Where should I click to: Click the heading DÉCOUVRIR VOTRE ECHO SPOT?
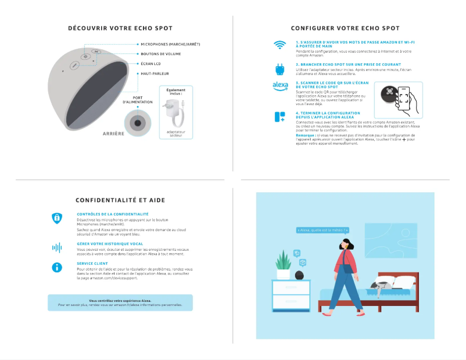point(120,28)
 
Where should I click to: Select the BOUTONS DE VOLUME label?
point(160,54)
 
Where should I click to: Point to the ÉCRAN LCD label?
point(150,64)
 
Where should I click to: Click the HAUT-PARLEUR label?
point(154,74)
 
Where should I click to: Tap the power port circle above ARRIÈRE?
point(138,123)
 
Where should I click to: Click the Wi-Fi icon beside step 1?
point(280,45)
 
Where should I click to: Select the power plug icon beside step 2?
point(280,69)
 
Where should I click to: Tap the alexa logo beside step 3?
point(280,86)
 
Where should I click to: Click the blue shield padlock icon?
point(57,218)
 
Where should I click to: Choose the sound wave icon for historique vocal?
point(57,247)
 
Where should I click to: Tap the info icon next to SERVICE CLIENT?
point(57,267)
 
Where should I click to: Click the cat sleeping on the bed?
point(383,285)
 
